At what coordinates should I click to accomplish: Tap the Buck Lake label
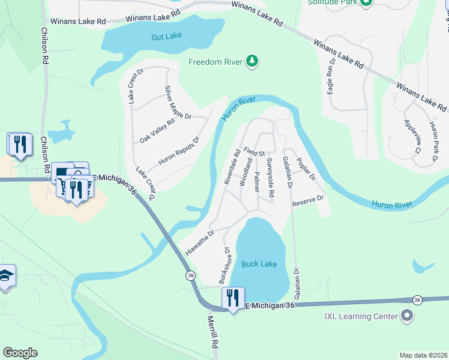pyautogui.click(x=259, y=264)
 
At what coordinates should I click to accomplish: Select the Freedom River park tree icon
pyautogui.click(x=253, y=61)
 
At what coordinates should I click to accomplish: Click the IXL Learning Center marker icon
pyautogui.click(x=408, y=316)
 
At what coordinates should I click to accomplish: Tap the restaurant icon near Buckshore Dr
pyautogui.click(x=232, y=298)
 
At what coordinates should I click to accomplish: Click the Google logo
pyautogui.click(x=20, y=352)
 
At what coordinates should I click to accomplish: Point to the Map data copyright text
pyautogui.click(x=423, y=355)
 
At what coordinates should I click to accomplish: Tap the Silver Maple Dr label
pyautogui.click(x=177, y=102)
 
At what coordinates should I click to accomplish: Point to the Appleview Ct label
pyautogui.click(x=411, y=136)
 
